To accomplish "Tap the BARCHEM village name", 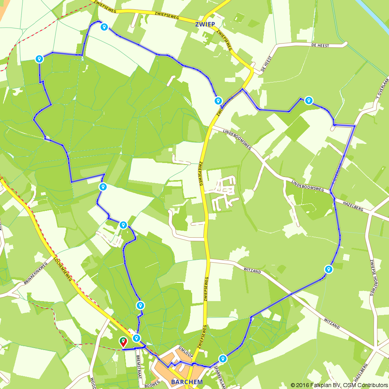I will coord(187,382).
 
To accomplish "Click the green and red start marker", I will coord(123,342).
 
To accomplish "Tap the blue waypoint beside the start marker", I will coord(137,338).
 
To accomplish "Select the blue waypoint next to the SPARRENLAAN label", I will coord(223,358).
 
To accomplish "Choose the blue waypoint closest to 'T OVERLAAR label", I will coord(309,100).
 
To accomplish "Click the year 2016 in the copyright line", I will coord(308,385).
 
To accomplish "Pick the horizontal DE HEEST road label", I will coord(320,46).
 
